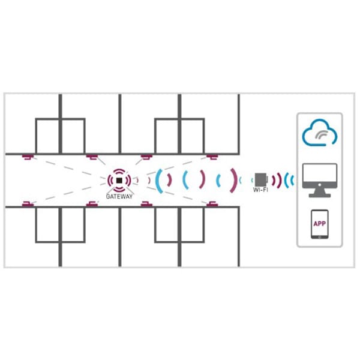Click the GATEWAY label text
pyautogui.click(x=119, y=196)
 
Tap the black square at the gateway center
pyautogui.click(x=119, y=181)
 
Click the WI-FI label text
pyautogui.click(x=260, y=190)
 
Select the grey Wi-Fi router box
pyautogui.click(x=261, y=179)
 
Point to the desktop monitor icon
pyautogui.click(x=320, y=181)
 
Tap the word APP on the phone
pyautogui.click(x=320, y=223)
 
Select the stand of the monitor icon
pyautogui.click(x=320, y=193)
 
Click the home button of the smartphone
pyautogui.click(x=320, y=237)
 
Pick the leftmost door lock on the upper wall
pyautogui.click(x=28, y=157)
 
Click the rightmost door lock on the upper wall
pyautogui.click(x=212, y=157)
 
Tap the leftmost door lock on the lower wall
pyautogui.click(x=28, y=204)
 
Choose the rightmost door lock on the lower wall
pyautogui.click(x=212, y=204)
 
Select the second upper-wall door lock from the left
pyautogui.click(x=92, y=157)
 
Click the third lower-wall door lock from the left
pyautogui.click(x=146, y=204)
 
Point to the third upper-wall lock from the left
pyautogui.click(x=146, y=157)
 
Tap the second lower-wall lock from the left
pyautogui.click(x=92, y=204)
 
